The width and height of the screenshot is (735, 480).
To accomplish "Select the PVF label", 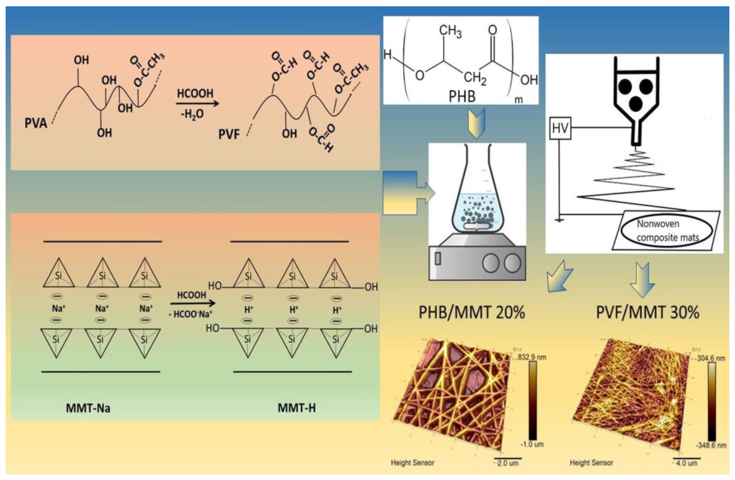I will tap(229, 134).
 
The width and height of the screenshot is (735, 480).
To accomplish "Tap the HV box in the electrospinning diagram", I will tap(560, 128).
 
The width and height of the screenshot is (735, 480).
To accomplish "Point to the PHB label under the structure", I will tap(462, 96).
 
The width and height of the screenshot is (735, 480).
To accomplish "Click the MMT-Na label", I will tap(88, 408).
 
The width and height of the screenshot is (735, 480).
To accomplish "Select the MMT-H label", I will tap(296, 408).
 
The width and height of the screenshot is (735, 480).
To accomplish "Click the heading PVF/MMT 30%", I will tap(647, 312).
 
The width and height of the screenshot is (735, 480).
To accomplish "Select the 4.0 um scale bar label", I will tap(686, 463).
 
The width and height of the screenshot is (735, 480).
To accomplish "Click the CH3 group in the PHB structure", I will tap(450, 31).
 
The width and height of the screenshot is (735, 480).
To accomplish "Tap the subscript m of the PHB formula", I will tap(519, 100).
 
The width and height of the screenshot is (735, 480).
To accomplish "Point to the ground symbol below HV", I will tap(559, 220).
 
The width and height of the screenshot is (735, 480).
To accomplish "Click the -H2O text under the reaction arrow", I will tap(192, 114).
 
